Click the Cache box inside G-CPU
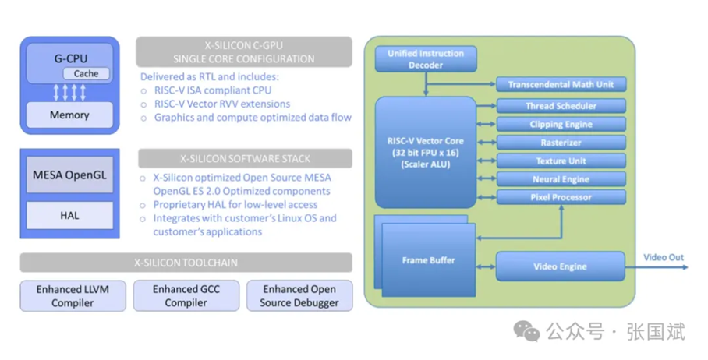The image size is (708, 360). pos(87,73)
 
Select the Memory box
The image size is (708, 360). pos(69,115)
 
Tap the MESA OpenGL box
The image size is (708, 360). pos(69,175)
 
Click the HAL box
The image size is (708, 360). pos(69,216)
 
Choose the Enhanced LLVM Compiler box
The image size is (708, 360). pos(73,296)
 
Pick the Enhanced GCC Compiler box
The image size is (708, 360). pos(186,296)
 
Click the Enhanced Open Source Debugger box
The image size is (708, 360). pos(299,296)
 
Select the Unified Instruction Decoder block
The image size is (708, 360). pos(426,59)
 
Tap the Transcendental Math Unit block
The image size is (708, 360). pos(561,84)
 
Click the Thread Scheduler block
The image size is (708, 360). pos(561,106)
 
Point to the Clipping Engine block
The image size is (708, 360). pos(561,125)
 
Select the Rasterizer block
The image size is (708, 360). pos(561,143)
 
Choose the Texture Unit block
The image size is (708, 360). pos(561,161)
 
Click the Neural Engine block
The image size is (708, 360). pos(561,179)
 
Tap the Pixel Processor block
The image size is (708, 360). pos(561,197)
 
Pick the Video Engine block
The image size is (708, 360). pos(561,266)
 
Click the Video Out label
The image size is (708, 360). pos(664,257)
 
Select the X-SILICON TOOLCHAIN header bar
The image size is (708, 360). pos(186,263)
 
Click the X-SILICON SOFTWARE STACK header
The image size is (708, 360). pos(245,159)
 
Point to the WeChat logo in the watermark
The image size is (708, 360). pos(526,332)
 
